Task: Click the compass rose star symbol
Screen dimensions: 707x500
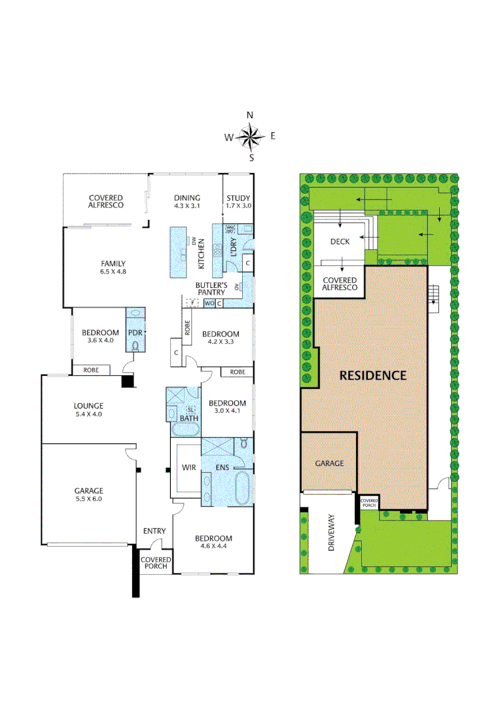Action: tap(249, 137)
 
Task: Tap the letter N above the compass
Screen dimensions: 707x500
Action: tap(249, 115)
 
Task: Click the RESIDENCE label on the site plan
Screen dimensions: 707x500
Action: tap(372, 376)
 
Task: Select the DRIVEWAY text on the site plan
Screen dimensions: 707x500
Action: tap(331, 532)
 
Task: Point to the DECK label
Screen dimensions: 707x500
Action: tap(340, 242)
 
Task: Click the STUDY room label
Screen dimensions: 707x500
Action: tap(238, 198)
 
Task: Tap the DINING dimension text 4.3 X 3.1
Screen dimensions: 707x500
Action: tap(187, 206)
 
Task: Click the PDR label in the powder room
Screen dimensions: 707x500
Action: tap(135, 333)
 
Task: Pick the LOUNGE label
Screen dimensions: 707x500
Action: tap(88, 406)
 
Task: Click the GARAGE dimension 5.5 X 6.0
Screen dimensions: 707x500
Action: tap(88, 499)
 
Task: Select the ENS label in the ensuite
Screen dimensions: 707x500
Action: tap(223, 468)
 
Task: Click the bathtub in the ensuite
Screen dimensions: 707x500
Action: tap(243, 487)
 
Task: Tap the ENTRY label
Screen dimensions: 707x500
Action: tap(154, 531)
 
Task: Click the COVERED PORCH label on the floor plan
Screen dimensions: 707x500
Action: tap(156, 563)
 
